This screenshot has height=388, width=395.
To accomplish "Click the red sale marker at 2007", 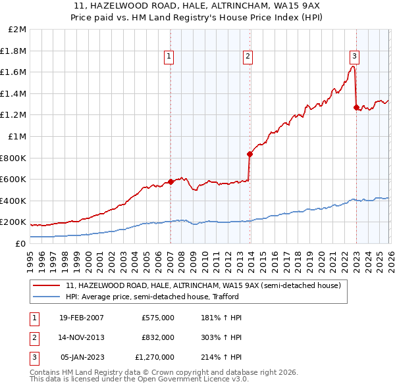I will coord(171,182).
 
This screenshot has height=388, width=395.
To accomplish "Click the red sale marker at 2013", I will coord(250,155).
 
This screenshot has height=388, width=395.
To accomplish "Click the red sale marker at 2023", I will coord(356,107).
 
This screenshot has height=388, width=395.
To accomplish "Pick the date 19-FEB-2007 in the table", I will coord(82,318).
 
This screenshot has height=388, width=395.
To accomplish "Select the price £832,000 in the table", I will coord(158,337).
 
